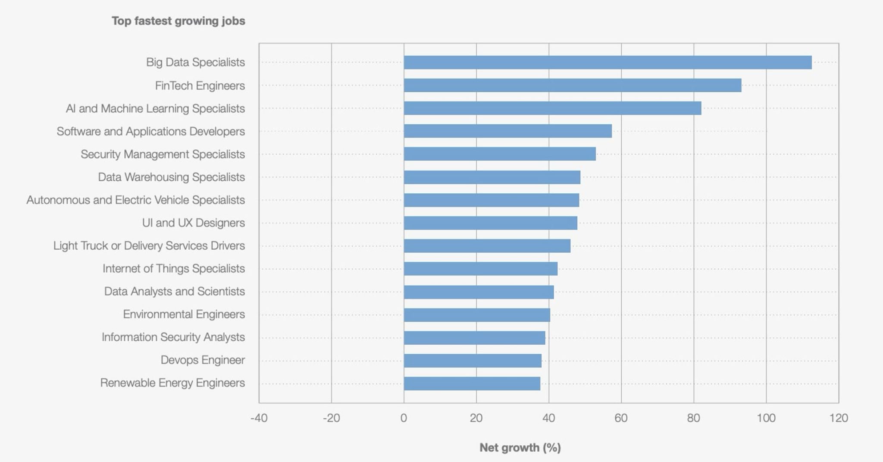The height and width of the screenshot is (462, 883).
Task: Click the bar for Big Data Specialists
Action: pos(607,63)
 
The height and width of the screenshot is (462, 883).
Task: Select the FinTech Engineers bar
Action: pos(573,85)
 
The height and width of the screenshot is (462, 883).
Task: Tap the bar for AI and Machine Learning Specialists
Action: pos(552,108)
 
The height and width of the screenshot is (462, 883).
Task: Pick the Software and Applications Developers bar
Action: pos(507,131)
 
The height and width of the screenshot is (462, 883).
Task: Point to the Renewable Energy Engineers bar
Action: pos(472,383)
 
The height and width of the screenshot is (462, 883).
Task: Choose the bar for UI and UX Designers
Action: pos(490,223)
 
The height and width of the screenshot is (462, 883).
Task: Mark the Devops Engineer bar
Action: pos(473,361)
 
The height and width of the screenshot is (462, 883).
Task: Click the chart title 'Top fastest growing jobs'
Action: pos(178,21)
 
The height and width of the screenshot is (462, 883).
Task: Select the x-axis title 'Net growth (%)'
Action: pos(520,447)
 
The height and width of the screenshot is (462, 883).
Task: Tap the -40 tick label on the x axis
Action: pos(259,418)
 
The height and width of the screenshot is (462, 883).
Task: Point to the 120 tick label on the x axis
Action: pos(838,418)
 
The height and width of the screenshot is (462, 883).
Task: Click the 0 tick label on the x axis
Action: pos(404,418)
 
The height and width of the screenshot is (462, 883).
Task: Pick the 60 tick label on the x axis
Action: pos(621,418)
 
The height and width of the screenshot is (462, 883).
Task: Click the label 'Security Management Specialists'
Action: pos(163,154)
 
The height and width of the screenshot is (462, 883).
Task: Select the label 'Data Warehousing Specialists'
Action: pos(171,177)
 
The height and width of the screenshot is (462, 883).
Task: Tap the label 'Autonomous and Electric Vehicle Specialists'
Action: pos(135,200)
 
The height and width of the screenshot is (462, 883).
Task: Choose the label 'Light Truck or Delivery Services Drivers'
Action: pos(149,245)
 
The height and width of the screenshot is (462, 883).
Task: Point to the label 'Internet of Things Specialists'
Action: pos(173,268)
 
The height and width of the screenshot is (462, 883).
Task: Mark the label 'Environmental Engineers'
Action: pos(184,314)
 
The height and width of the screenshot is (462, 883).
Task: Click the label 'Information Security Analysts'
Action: pos(173,337)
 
